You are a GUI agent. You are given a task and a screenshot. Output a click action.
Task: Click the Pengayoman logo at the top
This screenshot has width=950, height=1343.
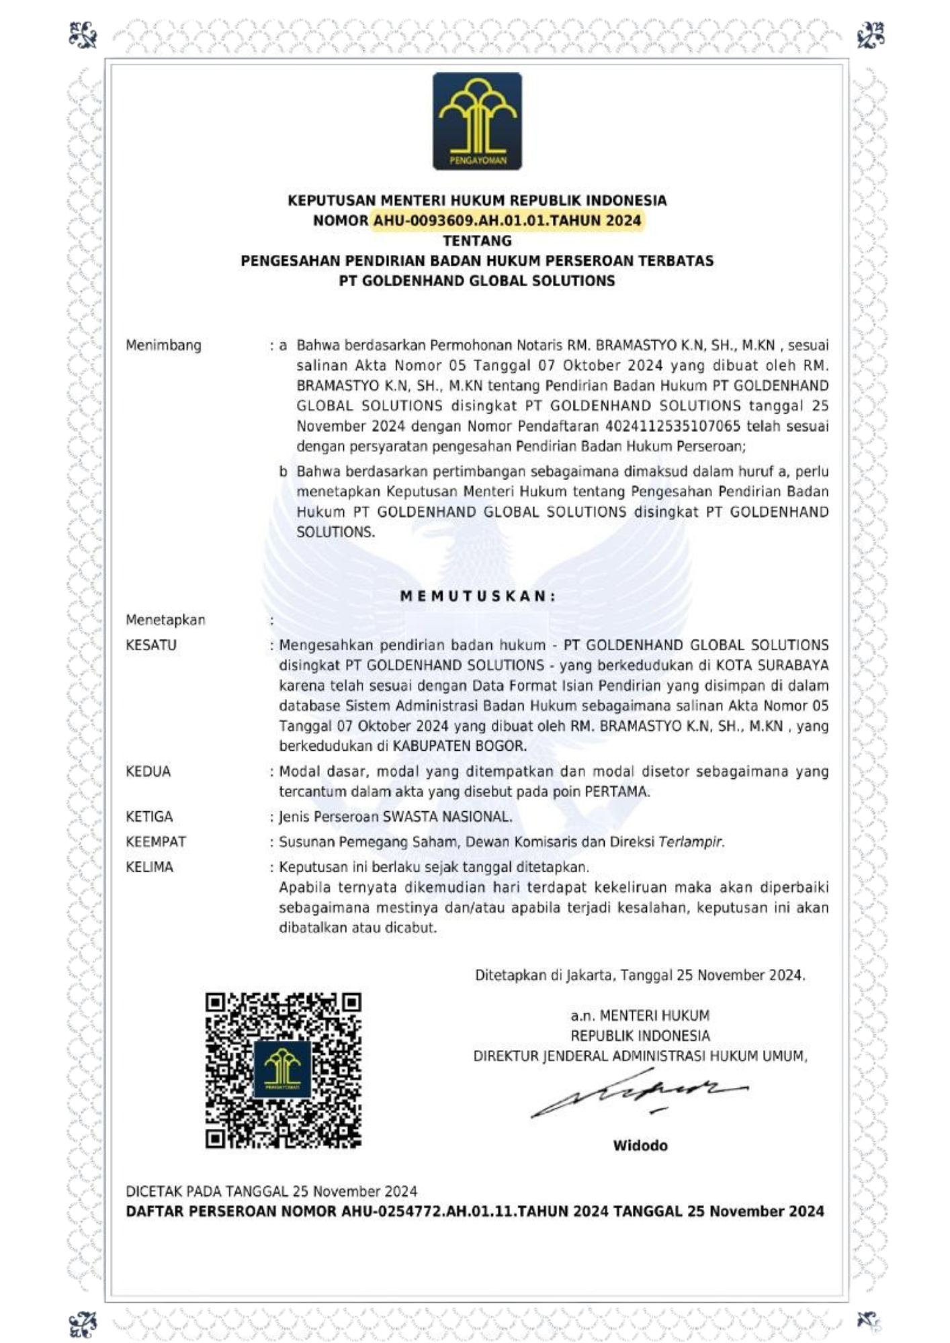(477, 121)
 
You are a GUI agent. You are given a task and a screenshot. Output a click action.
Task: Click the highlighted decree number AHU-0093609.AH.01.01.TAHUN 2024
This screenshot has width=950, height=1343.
(507, 220)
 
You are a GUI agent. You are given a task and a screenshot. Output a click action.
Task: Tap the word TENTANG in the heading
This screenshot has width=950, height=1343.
(477, 240)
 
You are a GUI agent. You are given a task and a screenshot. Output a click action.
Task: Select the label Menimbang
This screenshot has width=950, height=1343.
(163, 345)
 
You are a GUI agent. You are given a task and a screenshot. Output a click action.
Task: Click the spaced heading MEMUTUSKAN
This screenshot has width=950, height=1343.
(477, 596)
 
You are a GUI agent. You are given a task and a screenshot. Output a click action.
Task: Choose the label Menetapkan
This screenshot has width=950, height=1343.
(165, 620)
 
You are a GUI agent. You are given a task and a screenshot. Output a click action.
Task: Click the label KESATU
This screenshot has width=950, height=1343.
(151, 645)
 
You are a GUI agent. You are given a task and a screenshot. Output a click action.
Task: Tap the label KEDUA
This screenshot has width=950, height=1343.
(148, 772)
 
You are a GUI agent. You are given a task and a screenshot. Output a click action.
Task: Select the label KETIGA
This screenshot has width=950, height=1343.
(149, 817)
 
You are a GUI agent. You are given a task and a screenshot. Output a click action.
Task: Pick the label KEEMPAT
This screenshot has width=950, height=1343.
(156, 841)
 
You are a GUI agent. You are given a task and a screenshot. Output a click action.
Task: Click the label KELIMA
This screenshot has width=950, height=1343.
(149, 867)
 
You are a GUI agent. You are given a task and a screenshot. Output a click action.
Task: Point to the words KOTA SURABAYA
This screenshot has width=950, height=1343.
(772, 665)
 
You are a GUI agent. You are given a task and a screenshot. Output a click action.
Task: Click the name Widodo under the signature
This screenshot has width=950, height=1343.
(640, 1146)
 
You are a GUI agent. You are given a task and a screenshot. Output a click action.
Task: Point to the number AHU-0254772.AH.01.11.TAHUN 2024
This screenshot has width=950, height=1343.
(475, 1211)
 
